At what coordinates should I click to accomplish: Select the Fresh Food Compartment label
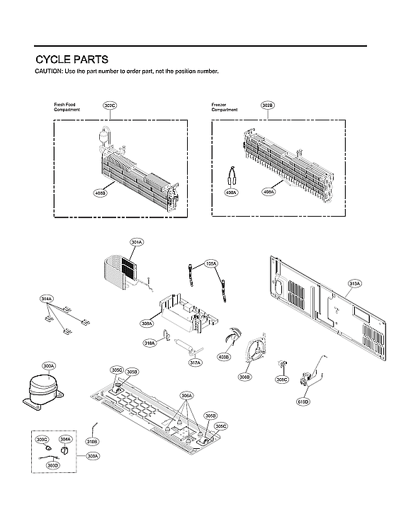tap(67, 108)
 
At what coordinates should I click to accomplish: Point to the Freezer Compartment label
tap(224, 108)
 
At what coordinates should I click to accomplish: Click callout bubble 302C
tap(110, 105)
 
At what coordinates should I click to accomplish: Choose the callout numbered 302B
tap(267, 105)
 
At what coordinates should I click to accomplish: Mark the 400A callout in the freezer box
tap(231, 192)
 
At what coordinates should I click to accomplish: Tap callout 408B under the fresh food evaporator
tap(100, 192)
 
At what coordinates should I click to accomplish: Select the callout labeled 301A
tap(137, 242)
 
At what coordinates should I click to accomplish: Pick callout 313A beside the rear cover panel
tap(355, 283)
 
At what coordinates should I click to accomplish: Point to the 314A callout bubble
tap(47, 300)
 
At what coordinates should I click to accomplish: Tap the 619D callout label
tap(304, 401)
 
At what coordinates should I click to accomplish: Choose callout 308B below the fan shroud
tap(244, 377)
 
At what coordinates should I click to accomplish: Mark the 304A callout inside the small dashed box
tap(65, 439)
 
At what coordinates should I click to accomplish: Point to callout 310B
tap(92, 441)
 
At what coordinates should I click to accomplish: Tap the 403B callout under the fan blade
tap(225, 357)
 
